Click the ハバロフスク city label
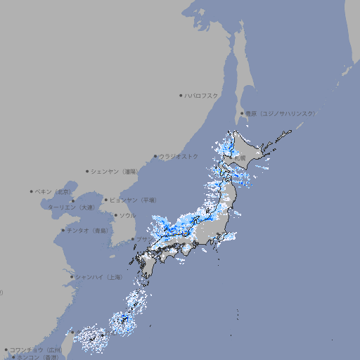(202, 95)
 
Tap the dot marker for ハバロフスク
(181, 95)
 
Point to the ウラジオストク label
(179, 156)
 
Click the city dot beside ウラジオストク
(155, 156)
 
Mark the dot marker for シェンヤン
(87, 171)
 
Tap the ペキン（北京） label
(53, 191)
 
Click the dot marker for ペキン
(32, 191)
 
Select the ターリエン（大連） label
(71, 207)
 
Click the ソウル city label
(127, 215)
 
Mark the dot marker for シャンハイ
(72, 277)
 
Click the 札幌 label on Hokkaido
(240, 160)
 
